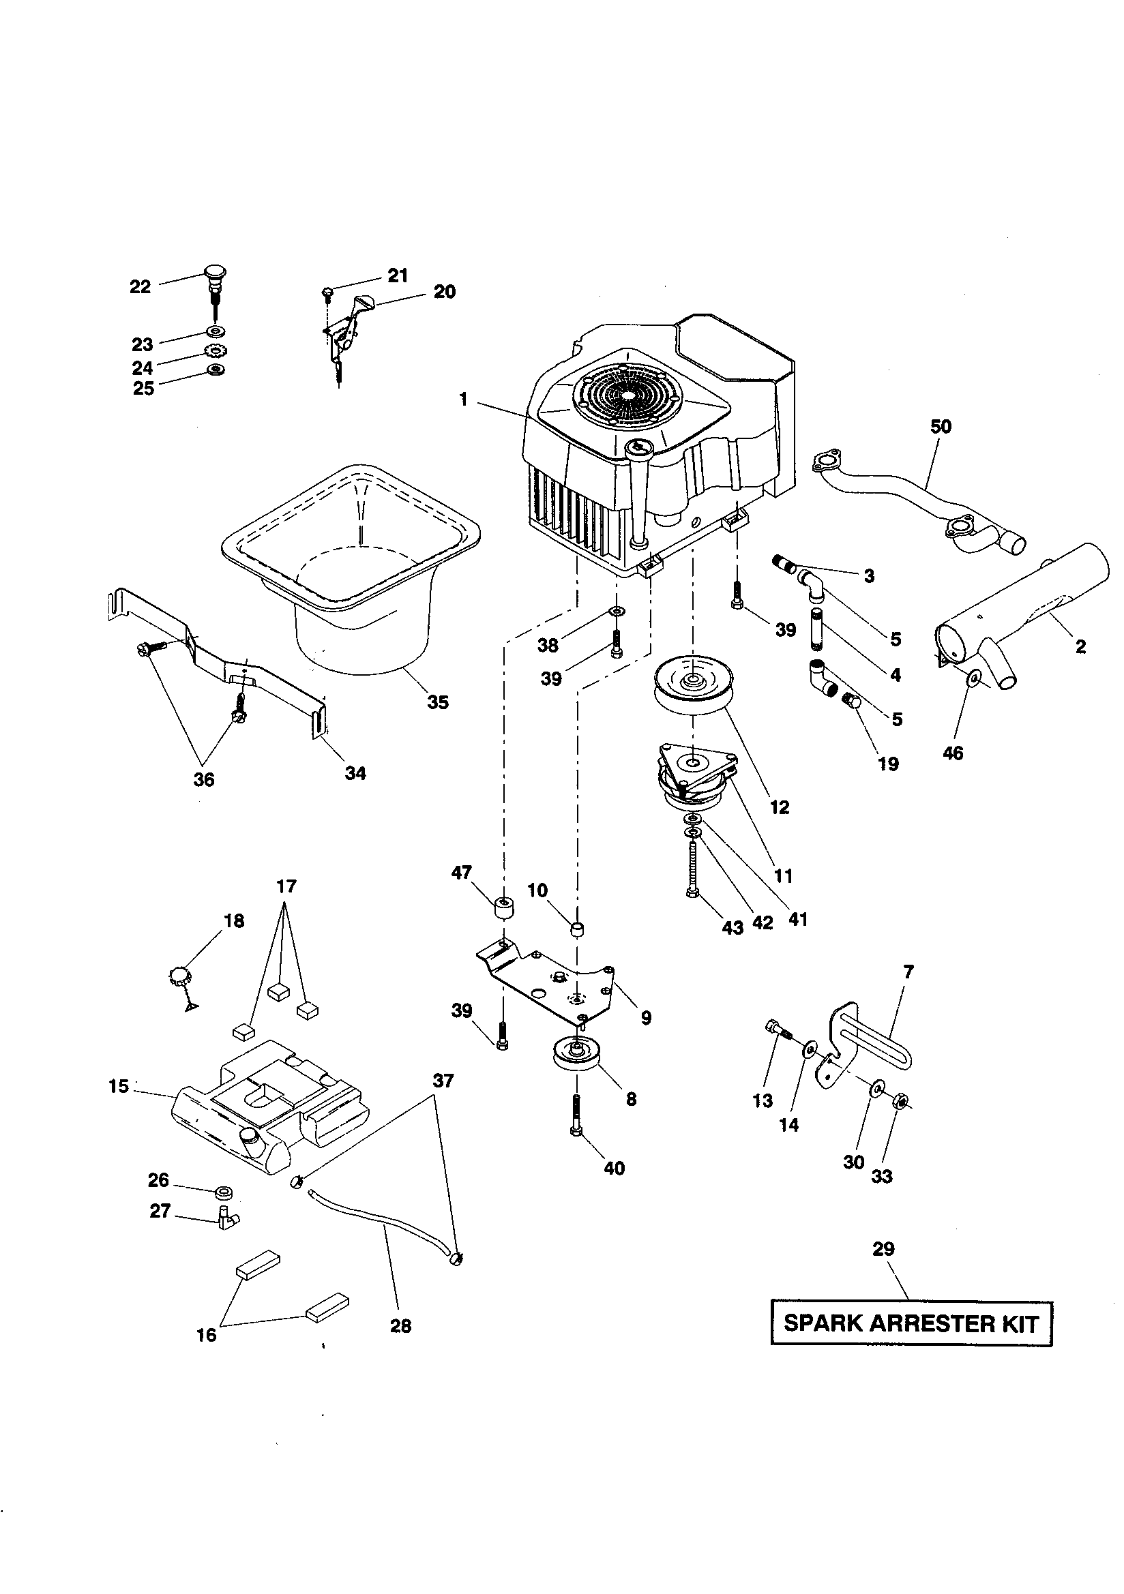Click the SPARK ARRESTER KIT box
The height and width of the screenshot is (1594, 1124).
click(911, 1323)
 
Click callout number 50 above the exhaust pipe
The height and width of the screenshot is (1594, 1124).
click(941, 426)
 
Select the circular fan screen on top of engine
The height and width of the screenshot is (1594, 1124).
click(627, 394)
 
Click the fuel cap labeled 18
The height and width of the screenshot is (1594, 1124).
click(179, 977)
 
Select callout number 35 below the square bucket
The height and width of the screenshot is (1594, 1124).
click(438, 702)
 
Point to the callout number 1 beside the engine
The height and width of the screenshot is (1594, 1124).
click(463, 400)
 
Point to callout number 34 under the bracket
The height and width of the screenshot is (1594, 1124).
click(355, 772)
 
